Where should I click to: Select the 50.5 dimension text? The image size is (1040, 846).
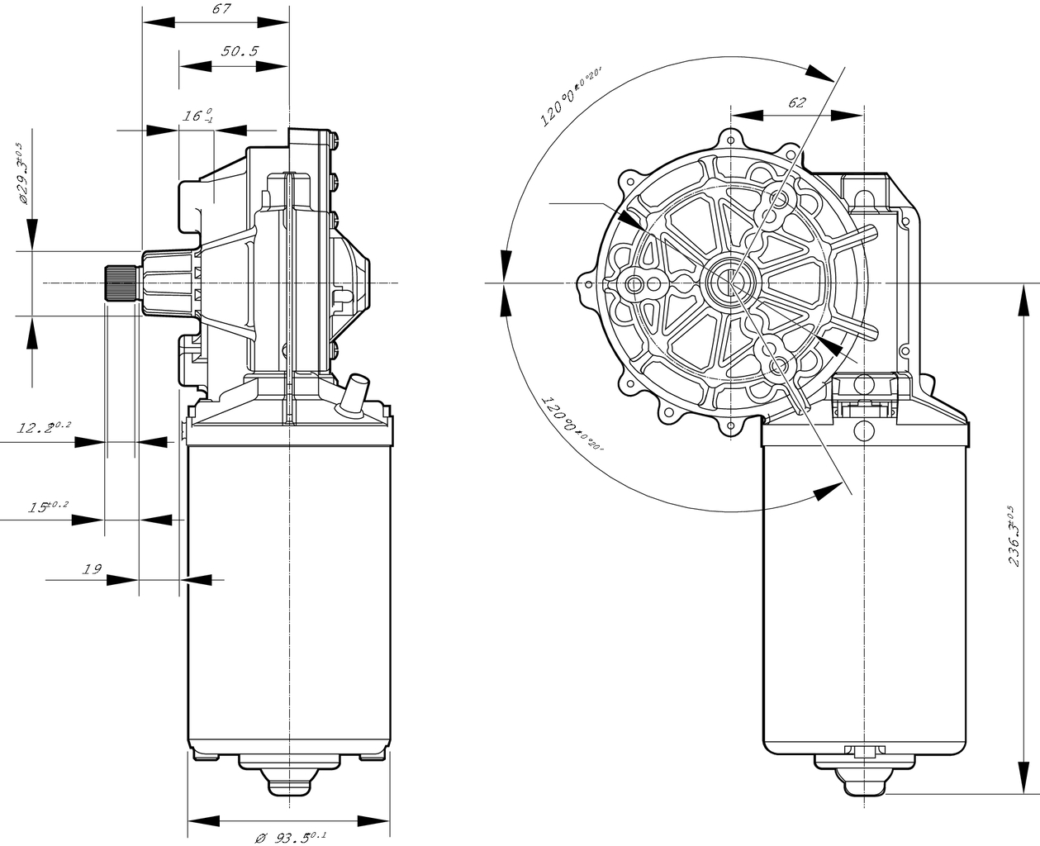click(240, 51)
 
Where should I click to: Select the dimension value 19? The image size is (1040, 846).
click(92, 568)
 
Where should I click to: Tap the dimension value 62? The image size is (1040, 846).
click(796, 102)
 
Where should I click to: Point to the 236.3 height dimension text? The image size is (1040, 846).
click(1016, 536)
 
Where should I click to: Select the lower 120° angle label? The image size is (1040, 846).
click(571, 425)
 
